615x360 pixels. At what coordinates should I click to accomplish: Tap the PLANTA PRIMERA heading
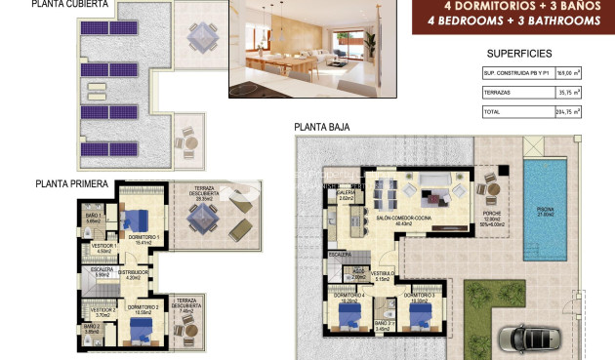(x=71, y=182)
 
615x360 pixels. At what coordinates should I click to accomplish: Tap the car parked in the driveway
(x=532, y=338)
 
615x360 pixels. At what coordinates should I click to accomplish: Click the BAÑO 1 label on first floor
(x=94, y=217)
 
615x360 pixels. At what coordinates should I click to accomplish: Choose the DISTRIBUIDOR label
(x=135, y=273)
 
